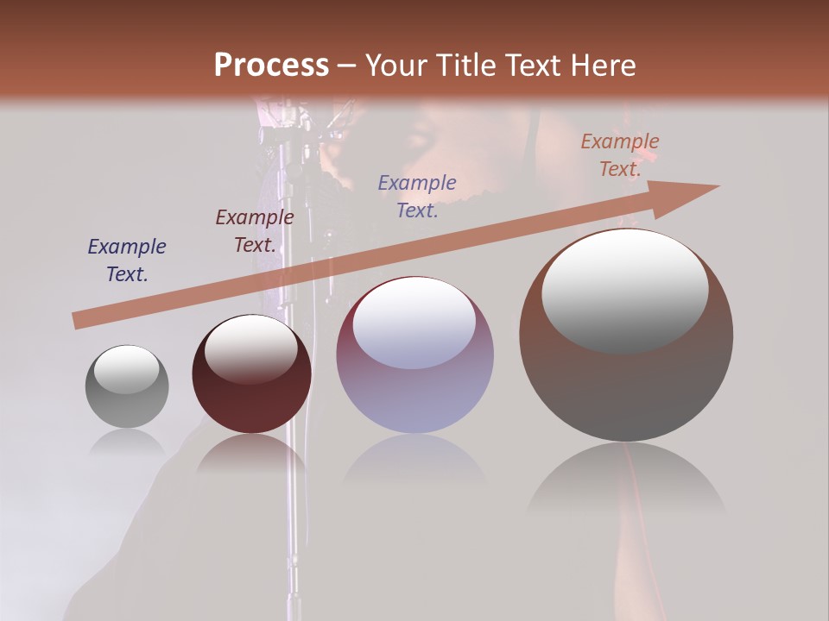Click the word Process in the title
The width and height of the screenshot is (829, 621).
(271, 66)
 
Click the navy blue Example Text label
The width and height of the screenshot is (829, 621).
(127, 260)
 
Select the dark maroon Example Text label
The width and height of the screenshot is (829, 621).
(255, 231)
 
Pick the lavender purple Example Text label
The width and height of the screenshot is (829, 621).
(417, 196)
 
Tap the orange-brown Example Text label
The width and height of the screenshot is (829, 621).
(620, 155)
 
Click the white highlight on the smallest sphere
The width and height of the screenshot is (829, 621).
(126, 369)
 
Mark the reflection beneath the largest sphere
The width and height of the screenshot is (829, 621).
(626, 479)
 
